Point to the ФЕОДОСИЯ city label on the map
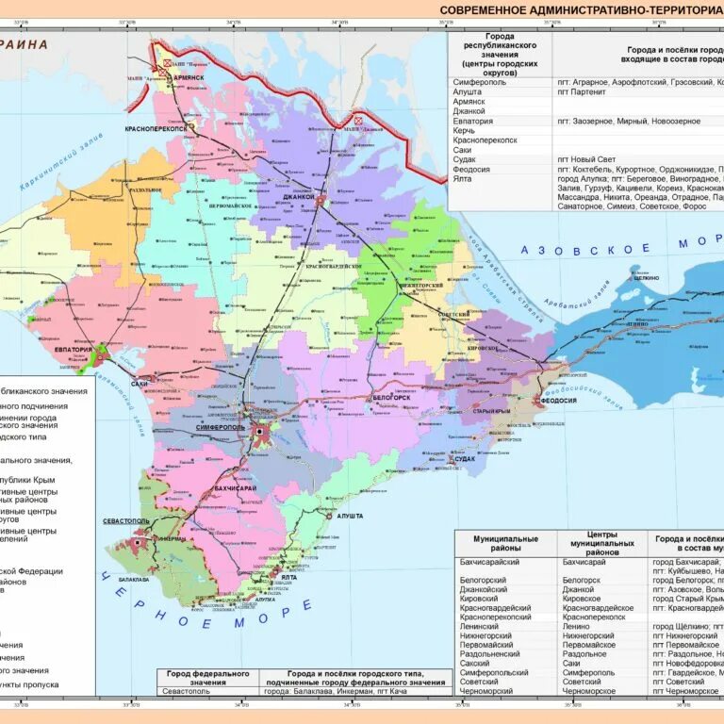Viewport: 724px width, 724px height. pos(558,401)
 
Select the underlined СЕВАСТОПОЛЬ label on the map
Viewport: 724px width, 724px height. pos(126,520)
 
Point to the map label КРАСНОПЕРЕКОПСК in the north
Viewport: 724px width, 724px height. pos(156,127)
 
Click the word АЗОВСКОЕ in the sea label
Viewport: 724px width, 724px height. pos(586,248)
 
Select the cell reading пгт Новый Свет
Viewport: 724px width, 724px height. pos(587,159)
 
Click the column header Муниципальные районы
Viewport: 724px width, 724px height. pos(505,544)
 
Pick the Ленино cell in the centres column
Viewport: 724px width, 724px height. pos(576,626)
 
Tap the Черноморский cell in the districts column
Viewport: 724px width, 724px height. pos(488,691)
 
